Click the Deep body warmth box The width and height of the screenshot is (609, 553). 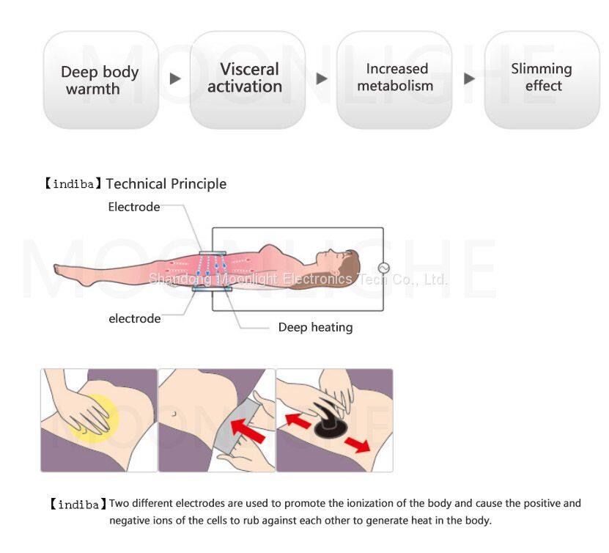point(101,80)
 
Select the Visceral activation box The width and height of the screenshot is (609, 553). point(248,80)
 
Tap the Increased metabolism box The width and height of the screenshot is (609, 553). point(394,80)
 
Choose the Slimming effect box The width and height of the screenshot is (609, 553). point(542,80)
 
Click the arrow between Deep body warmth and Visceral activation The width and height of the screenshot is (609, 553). point(175,78)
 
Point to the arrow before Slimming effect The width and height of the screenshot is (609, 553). point(469,78)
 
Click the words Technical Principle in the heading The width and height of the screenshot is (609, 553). point(166,184)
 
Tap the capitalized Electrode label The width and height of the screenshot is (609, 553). point(134,207)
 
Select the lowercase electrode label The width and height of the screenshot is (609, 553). point(134,318)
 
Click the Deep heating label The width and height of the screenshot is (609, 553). point(315,327)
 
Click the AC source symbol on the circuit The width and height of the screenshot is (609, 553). point(383,268)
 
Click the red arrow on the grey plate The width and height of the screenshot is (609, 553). point(248,431)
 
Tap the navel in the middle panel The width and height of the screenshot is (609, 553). point(174,414)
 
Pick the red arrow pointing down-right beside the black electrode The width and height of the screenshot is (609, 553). point(358,444)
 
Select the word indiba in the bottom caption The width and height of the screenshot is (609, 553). point(78,505)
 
